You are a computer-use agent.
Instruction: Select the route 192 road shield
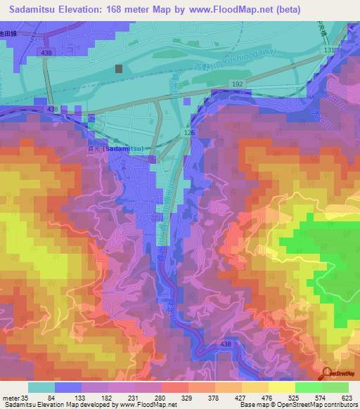[x=238, y=84]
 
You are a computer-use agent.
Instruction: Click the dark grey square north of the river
[x=118, y=69]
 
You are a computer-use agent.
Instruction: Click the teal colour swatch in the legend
[x=41, y=387]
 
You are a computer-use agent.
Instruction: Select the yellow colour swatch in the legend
[x=281, y=387]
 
